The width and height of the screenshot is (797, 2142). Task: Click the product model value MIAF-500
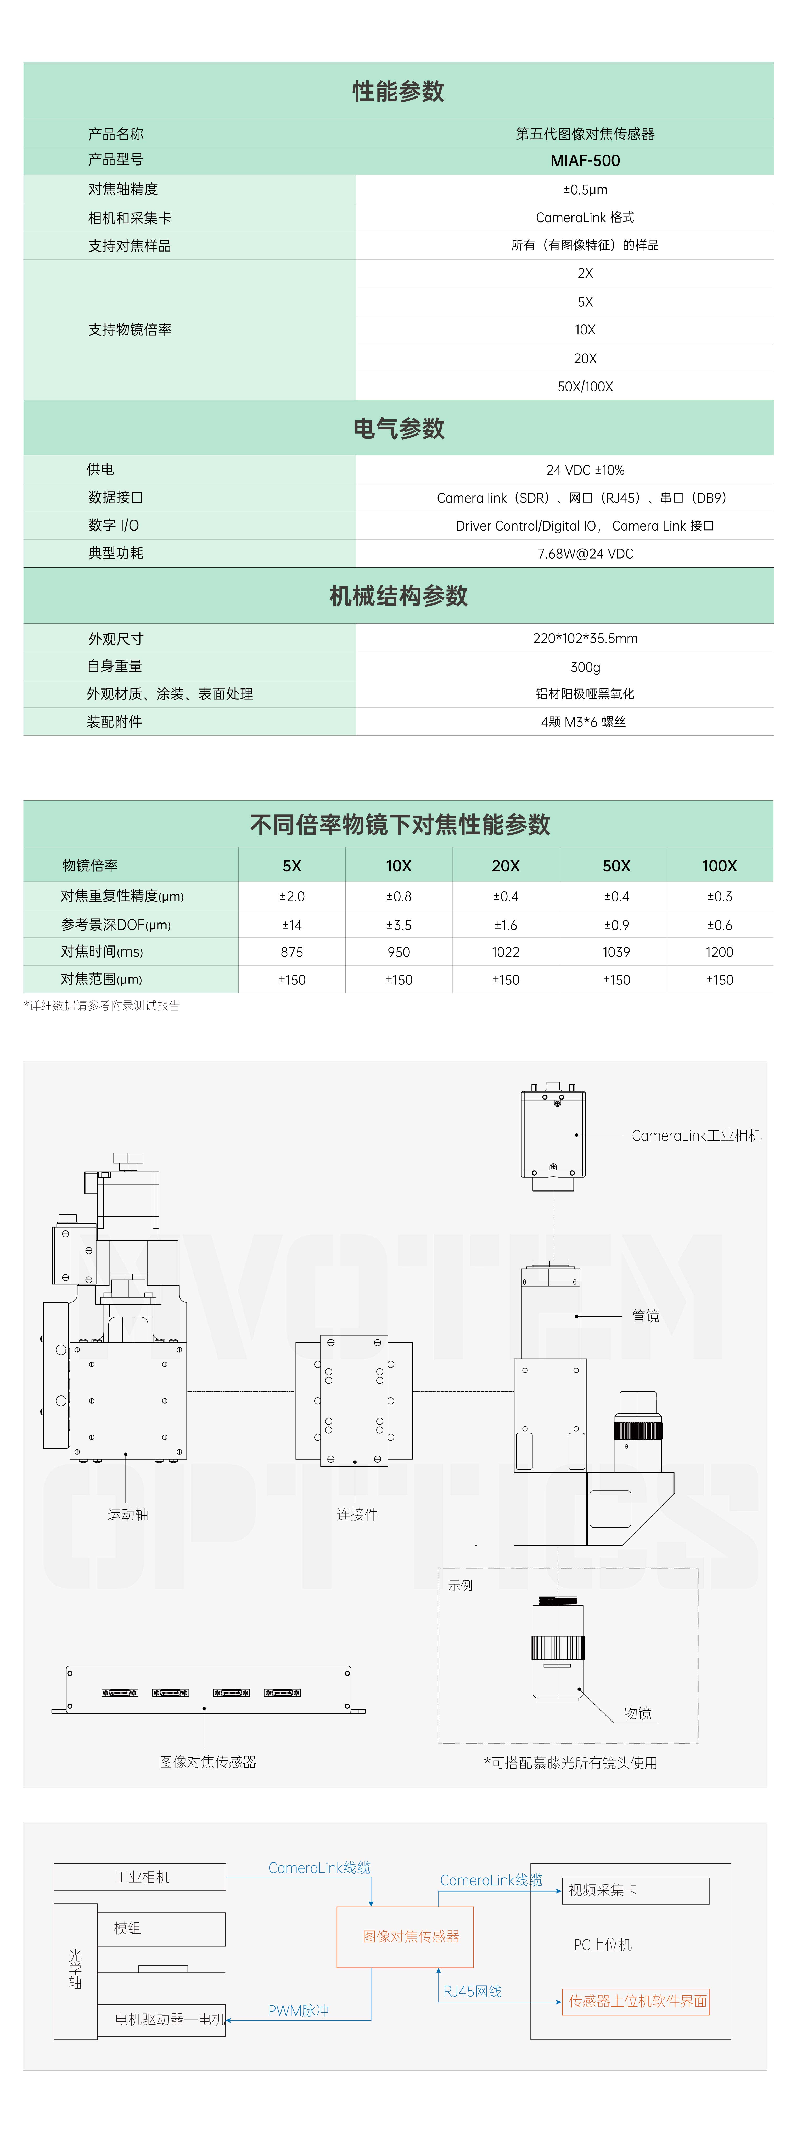tap(585, 161)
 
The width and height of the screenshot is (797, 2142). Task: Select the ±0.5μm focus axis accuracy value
tap(585, 190)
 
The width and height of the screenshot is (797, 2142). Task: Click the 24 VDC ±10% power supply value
tap(585, 470)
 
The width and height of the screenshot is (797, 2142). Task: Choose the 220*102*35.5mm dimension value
tap(585, 639)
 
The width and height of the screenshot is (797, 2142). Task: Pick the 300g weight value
tap(585, 667)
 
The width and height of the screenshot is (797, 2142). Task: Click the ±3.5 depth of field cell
tap(398, 925)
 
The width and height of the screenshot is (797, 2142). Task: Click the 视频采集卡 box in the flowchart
tap(636, 1890)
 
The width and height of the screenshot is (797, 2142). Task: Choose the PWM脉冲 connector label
tap(298, 2011)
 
